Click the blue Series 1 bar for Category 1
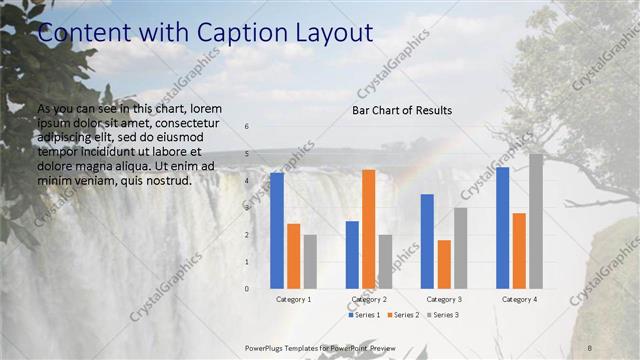(x=277, y=231)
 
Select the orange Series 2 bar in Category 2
(x=368, y=229)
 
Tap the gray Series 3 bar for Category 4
(x=536, y=221)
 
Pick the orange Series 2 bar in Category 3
(x=443, y=264)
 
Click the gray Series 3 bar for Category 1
(x=310, y=262)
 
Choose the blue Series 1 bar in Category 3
(x=427, y=241)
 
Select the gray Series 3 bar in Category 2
(x=385, y=262)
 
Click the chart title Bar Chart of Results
(x=402, y=110)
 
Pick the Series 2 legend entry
(x=403, y=315)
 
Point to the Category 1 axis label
(x=293, y=299)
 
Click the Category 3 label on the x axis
(x=443, y=299)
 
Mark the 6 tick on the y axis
(x=246, y=127)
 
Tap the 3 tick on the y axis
(x=246, y=208)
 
